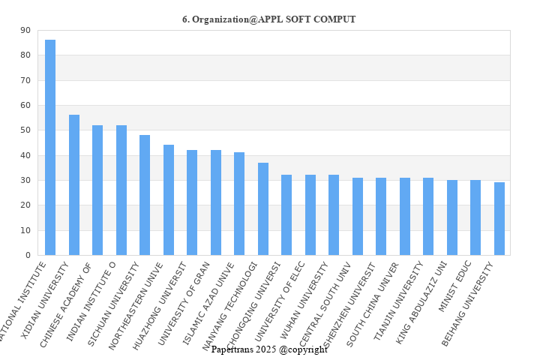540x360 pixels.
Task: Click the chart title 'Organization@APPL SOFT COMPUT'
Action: click(269, 19)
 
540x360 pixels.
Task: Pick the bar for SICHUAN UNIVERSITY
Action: click(145, 195)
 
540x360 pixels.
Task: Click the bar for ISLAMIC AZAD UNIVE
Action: click(239, 203)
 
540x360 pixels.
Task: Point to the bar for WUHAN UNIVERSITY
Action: click(334, 214)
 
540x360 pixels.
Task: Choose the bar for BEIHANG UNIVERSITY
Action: click(499, 218)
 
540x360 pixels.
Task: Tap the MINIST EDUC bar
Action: click(475, 217)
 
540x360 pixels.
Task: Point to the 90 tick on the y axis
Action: click(25, 30)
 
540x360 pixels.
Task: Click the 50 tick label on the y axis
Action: click(25, 130)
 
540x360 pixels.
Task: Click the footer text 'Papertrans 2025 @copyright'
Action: click(269, 349)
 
